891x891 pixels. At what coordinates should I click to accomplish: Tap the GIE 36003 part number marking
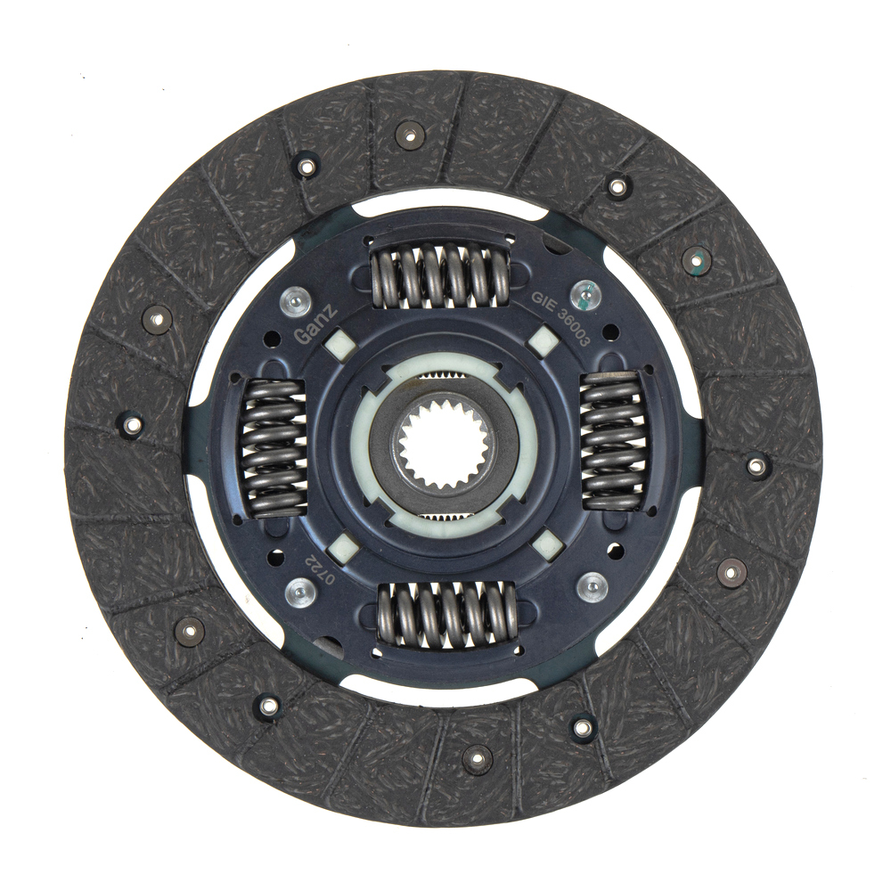click(x=562, y=323)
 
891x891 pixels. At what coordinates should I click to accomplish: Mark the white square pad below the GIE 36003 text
click(x=544, y=342)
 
